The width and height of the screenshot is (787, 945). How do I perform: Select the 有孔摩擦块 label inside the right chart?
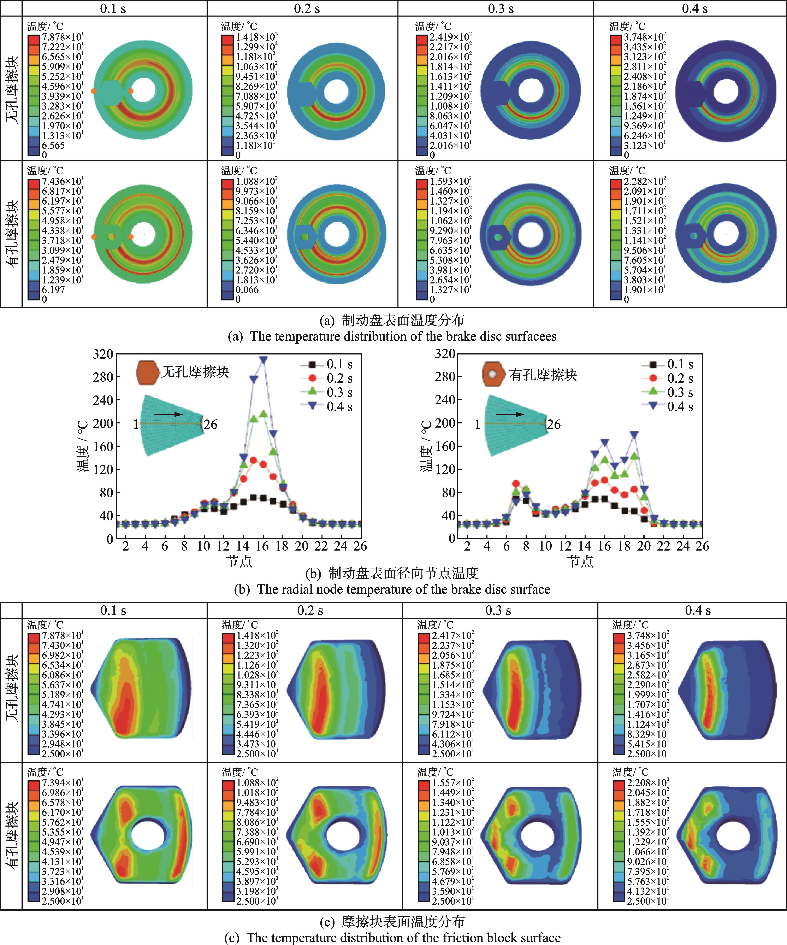[543, 375]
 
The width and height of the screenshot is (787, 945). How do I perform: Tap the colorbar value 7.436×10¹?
[62, 181]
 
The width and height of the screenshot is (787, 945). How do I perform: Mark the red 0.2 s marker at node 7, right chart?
[516, 484]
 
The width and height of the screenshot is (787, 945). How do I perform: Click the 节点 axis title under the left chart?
[239, 561]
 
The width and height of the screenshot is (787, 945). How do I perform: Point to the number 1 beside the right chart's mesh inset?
[477, 424]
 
